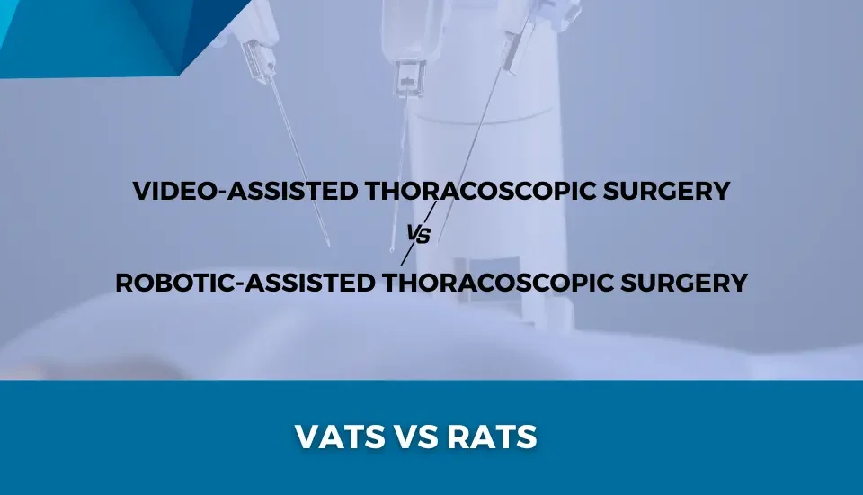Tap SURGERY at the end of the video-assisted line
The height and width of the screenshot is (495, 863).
coord(666,191)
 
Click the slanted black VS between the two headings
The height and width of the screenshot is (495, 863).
coord(418,234)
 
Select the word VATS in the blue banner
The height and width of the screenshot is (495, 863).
coord(340,436)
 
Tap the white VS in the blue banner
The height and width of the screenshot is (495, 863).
coord(416,436)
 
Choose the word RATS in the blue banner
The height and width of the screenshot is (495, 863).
coord(492,436)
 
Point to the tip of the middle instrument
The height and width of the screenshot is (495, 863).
coord(391,249)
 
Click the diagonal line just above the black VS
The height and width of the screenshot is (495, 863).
coord(431,212)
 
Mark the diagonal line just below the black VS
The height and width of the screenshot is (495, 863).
coord(407,255)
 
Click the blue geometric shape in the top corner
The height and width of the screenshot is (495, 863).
coord(110,33)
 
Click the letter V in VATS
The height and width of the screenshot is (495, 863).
coord(307,436)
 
